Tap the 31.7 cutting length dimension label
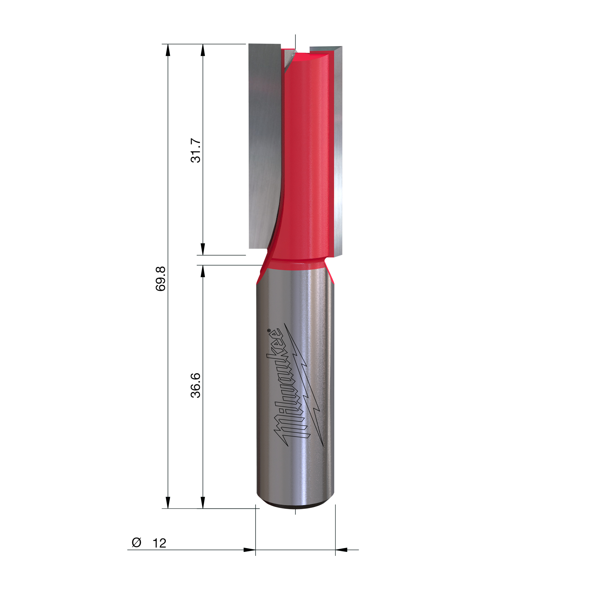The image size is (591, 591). point(196,150)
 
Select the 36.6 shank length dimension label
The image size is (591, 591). point(196,386)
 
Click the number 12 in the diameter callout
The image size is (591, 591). point(159,543)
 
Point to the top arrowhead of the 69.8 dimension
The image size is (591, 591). point(168,50)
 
